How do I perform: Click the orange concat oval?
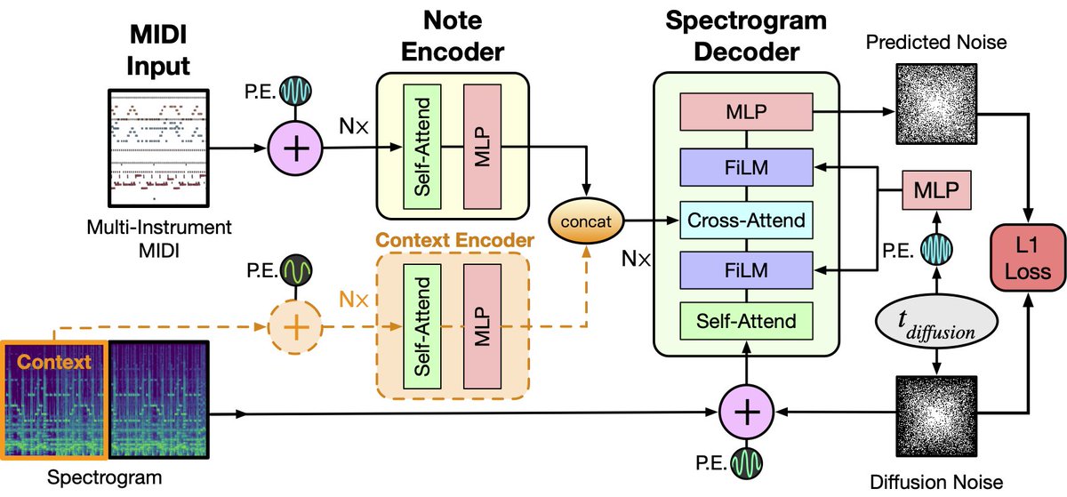click(x=586, y=221)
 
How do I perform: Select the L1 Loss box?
click(x=1028, y=257)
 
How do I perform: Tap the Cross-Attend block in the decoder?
click(x=746, y=220)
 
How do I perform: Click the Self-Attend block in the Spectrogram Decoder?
click(x=746, y=321)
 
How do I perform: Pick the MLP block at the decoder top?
click(x=746, y=112)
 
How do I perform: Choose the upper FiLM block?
click(x=746, y=167)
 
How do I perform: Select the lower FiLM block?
click(x=746, y=270)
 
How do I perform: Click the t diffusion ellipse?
click(x=936, y=322)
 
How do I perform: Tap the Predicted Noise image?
click(x=936, y=104)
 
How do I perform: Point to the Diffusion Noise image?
click(x=936, y=416)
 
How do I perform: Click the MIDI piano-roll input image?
click(x=158, y=148)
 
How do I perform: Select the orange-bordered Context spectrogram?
click(x=54, y=400)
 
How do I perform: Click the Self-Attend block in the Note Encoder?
click(x=422, y=147)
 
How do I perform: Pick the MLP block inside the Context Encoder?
click(x=482, y=326)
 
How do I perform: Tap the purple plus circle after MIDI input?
click(x=295, y=148)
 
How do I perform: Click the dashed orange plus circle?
click(x=295, y=327)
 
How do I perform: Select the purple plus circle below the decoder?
click(x=746, y=413)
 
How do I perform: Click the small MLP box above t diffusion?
click(x=936, y=190)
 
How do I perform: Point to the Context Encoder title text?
click(x=454, y=240)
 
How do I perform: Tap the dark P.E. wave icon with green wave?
click(x=296, y=270)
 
